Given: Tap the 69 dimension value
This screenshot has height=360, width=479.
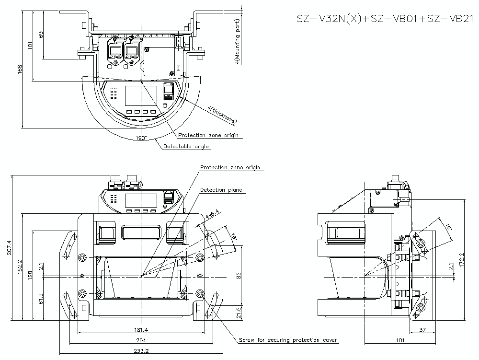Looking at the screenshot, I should pos(41,35).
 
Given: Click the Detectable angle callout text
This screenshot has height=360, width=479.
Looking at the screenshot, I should pos(186,147).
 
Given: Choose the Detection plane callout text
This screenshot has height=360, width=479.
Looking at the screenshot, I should pos(221,190).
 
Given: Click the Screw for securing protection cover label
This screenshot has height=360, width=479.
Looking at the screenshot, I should pos(288,340).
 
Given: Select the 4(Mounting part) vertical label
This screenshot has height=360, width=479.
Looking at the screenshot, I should pos(238,41).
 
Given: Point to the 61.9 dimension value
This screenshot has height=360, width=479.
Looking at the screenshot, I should pos(41,299).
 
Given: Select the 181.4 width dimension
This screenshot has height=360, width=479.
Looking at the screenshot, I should pos(141,330).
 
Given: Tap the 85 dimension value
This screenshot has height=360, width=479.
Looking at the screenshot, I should pos(239,276).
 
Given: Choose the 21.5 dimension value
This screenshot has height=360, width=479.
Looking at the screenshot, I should pos(239,312).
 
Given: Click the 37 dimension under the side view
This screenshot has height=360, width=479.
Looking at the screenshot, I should pos(422,330).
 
